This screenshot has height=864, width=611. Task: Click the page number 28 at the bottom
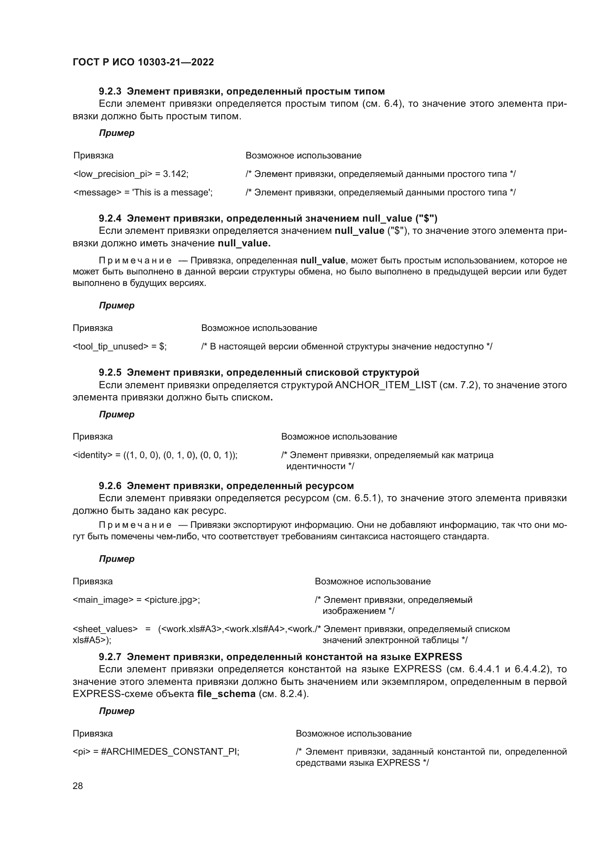tap(78, 786)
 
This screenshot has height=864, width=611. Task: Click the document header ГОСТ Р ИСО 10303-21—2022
tap(143, 62)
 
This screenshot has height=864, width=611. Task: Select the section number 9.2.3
tap(110, 92)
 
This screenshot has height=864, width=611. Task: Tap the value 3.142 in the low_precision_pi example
tap(175, 174)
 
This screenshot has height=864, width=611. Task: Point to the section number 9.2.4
tap(110, 218)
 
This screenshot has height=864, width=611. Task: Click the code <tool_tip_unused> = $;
tap(119, 346)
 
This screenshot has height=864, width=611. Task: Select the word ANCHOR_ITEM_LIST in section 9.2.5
tap(386, 385)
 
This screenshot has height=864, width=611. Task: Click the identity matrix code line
tap(155, 455)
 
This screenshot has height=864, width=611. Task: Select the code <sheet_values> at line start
tap(105, 629)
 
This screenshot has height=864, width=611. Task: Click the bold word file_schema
tap(226, 694)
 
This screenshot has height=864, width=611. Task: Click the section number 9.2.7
tap(110, 657)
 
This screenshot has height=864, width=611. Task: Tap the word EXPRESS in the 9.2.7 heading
tap(438, 657)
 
